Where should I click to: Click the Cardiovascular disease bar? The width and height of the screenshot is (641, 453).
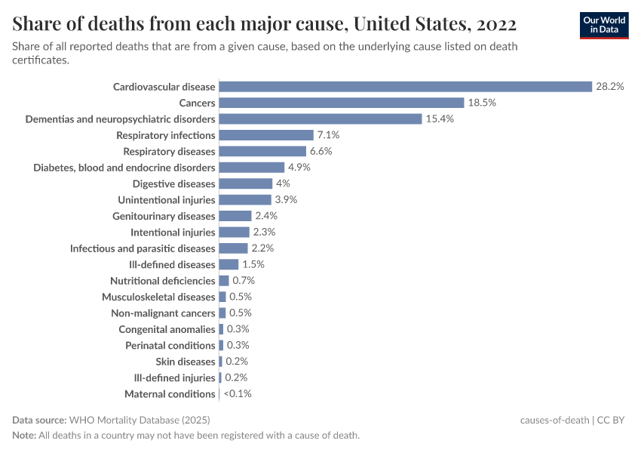(x=405, y=87)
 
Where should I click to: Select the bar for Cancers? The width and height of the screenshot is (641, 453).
(x=341, y=103)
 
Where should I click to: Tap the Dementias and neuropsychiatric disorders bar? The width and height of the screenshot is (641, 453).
(x=320, y=119)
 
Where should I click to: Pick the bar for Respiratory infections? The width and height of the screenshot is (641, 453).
(x=265, y=135)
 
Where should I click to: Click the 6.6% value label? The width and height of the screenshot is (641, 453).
(x=320, y=151)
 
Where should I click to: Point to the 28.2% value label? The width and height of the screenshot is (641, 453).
(x=609, y=87)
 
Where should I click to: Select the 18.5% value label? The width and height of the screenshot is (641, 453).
(x=481, y=103)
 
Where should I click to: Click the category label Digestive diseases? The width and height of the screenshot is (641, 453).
(x=173, y=183)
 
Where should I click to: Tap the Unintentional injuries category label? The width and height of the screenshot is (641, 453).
(x=166, y=200)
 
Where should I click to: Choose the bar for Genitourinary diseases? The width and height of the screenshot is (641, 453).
(x=235, y=216)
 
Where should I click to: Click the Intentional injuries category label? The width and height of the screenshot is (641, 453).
(x=173, y=233)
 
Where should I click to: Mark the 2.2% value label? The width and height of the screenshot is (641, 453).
(x=262, y=248)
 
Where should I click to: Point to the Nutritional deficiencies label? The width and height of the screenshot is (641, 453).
(x=162, y=281)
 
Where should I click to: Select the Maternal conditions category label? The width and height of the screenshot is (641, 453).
(x=170, y=394)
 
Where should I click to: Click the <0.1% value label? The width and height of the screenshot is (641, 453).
(x=237, y=394)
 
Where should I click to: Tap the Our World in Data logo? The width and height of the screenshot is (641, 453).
(x=603, y=25)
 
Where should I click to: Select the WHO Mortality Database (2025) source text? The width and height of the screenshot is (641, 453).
(x=139, y=420)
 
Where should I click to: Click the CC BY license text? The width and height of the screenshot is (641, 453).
(x=612, y=420)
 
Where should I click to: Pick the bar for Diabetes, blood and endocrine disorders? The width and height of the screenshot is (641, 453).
(x=251, y=168)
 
